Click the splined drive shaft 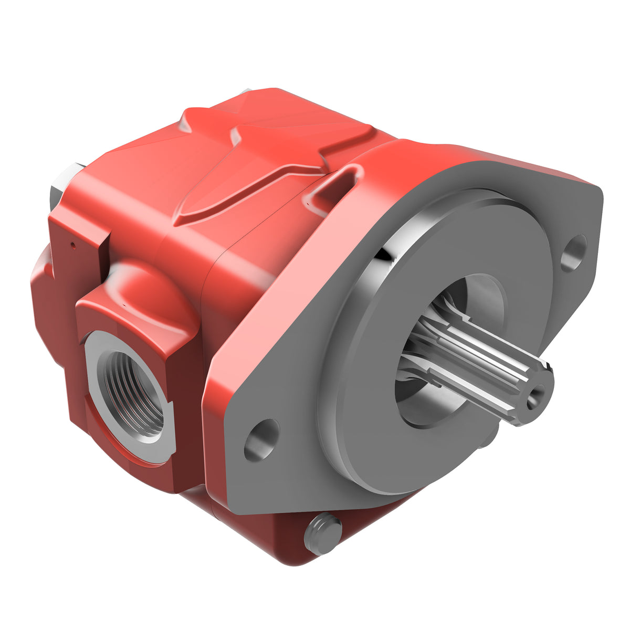[472, 362]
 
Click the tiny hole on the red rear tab [73, 245]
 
